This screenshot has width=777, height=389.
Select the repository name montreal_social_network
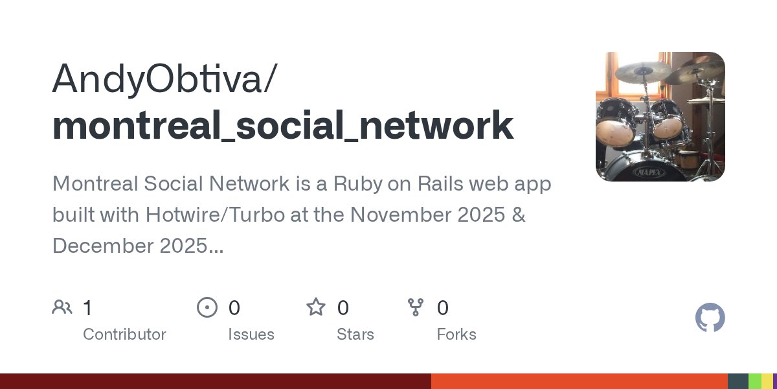tap(283, 125)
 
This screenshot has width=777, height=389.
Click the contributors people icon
tap(62, 307)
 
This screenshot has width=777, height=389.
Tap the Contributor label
tap(124, 335)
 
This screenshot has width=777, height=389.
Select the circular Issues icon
tap(207, 307)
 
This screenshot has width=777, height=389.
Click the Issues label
tap(251, 335)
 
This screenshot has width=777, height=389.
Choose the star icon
tap(316, 307)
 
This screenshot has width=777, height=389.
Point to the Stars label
tap(355, 335)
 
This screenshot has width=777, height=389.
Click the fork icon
tap(415, 307)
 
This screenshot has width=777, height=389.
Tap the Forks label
tap(456, 335)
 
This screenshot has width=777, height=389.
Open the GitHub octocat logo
tap(710, 318)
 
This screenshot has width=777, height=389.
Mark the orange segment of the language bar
tap(580, 381)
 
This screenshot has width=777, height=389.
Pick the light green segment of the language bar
tap(754, 381)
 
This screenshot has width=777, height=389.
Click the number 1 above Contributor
tap(87, 307)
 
